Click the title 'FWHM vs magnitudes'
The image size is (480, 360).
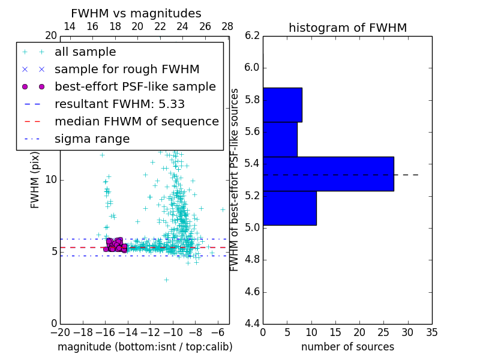(x=136, y=13)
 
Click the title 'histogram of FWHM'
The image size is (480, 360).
(x=347, y=28)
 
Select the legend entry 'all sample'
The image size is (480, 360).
(x=85, y=52)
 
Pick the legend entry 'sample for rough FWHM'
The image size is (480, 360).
(x=127, y=70)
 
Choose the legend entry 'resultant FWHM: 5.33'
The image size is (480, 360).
(x=119, y=104)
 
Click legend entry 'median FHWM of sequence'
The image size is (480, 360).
(x=136, y=121)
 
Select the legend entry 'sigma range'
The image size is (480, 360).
(x=92, y=139)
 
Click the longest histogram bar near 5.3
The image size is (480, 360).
(x=328, y=174)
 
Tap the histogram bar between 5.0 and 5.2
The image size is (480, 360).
(x=289, y=208)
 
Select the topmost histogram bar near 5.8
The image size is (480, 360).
(x=282, y=105)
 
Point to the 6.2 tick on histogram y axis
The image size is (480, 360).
(x=252, y=35)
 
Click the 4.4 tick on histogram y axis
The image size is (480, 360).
(x=252, y=324)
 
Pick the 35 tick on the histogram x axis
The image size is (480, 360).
(x=432, y=332)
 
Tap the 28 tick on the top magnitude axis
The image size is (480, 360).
(x=227, y=26)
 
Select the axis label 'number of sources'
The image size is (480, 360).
(x=347, y=347)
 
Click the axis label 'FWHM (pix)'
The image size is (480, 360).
(x=35, y=179)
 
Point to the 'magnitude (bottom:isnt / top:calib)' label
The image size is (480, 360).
(x=145, y=347)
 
